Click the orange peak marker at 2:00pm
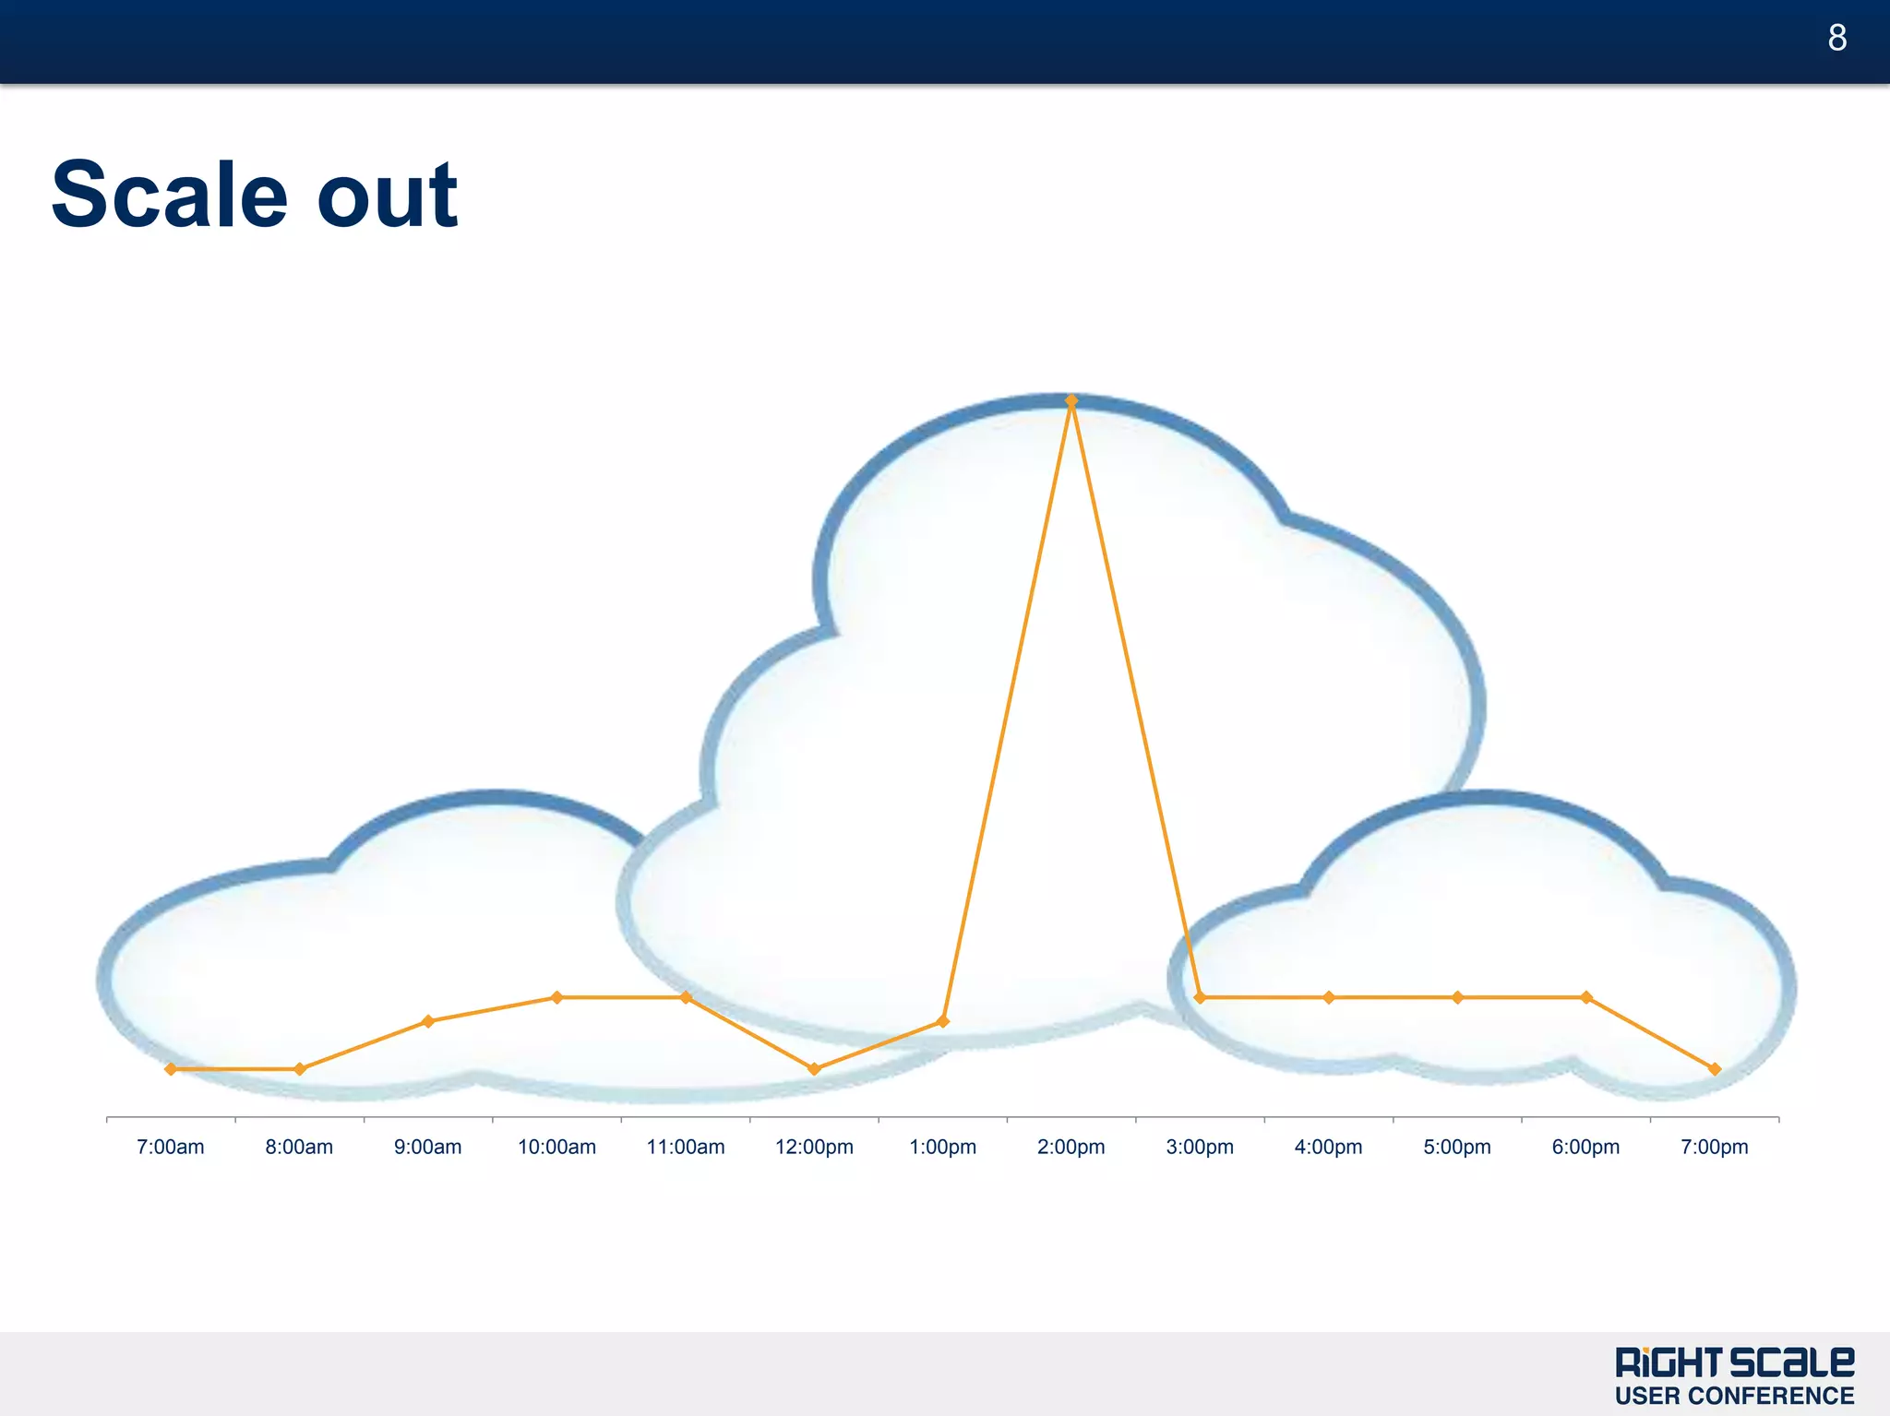click(x=1071, y=401)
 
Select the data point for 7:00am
click(x=171, y=1069)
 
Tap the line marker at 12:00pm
click(x=814, y=1069)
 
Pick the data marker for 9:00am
click(x=428, y=1021)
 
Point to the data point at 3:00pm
click(x=1200, y=997)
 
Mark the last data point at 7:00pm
click(x=1715, y=1069)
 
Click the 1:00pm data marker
click(x=943, y=1021)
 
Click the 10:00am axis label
click(x=556, y=1147)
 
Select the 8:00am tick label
click(x=299, y=1147)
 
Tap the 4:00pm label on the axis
click(x=1328, y=1147)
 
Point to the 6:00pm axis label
click(x=1585, y=1147)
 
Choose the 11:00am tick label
click(x=686, y=1147)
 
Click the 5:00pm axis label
click(x=1457, y=1147)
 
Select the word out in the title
click(x=387, y=196)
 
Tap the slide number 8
click(x=1836, y=38)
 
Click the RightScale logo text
click(x=1734, y=1362)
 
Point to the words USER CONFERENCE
click(x=1734, y=1396)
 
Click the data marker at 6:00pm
click(x=1586, y=997)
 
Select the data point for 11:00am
click(x=686, y=997)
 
